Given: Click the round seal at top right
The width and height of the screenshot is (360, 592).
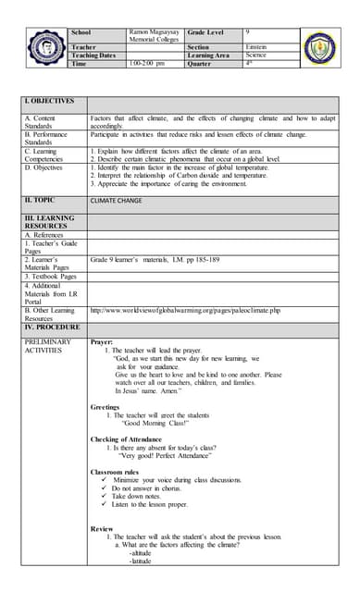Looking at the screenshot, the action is click(321, 48).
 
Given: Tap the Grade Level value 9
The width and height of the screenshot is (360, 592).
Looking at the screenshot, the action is click(248, 32).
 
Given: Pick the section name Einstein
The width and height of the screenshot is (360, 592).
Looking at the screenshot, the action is click(258, 46).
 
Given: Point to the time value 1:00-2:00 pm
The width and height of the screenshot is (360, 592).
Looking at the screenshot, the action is click(146, 64).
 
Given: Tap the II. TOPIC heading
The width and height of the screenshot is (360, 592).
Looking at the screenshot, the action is click(43, 199).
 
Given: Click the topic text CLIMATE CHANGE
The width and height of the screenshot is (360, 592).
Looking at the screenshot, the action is click(117, 199).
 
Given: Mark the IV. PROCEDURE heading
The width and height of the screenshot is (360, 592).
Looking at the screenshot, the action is click(52, 327).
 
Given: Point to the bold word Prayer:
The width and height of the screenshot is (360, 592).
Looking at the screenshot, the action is click(102, 341).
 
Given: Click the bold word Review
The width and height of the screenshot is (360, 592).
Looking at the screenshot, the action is click(102, 528).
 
